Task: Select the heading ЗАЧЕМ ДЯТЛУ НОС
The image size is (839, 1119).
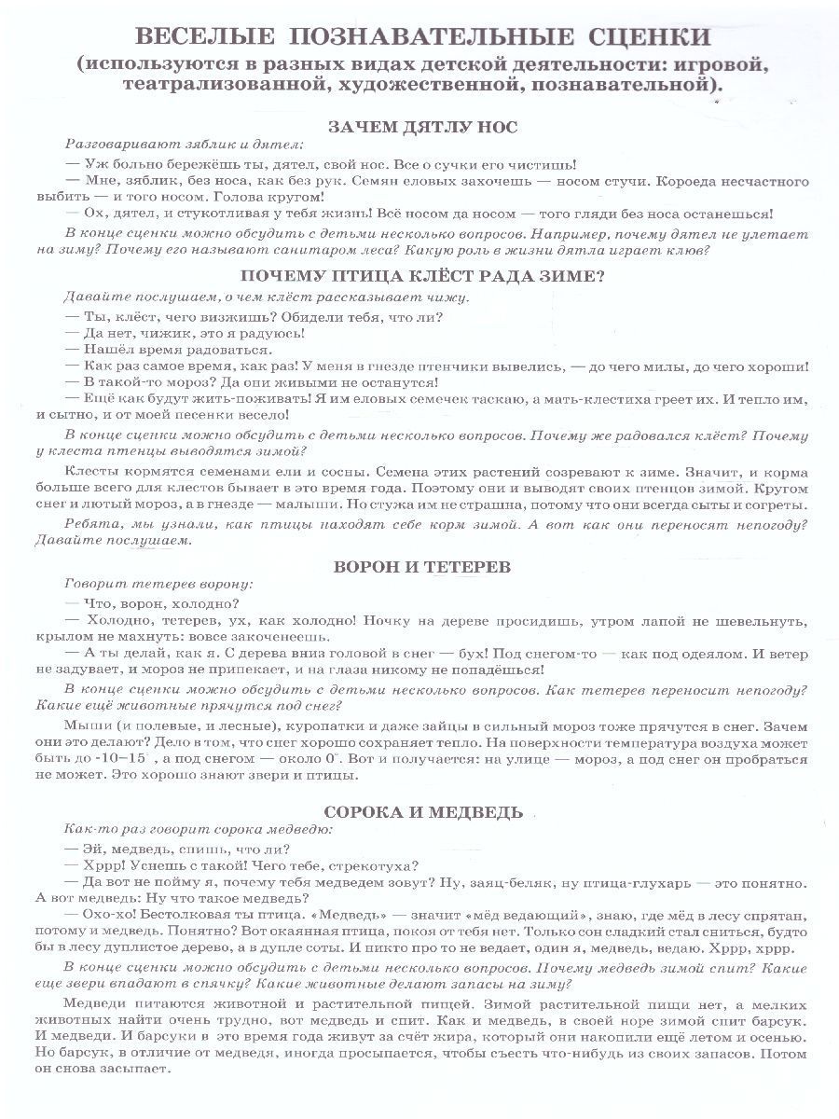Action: [423, 128]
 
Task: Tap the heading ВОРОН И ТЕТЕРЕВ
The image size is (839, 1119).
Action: [423, 567]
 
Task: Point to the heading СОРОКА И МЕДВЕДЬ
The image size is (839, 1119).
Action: [423, 811]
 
